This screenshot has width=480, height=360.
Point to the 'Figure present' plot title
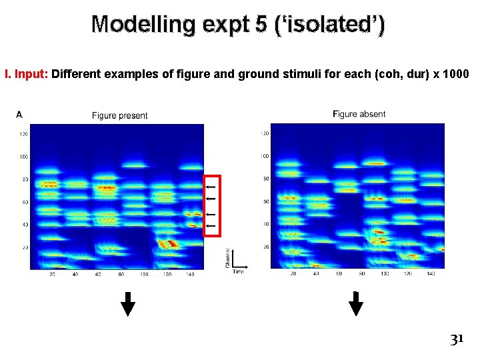(x=119, y=115)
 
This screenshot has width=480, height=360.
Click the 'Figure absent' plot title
(x=359, y=114)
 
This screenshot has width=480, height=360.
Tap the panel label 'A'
(x=19, y=115)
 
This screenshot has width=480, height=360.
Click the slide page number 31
(x=456, y=339)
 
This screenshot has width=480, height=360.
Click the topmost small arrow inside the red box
(x=211, y=187)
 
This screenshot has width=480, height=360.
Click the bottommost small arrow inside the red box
(x=211, y=227)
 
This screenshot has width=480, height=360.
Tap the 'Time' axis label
(x=238, y=272)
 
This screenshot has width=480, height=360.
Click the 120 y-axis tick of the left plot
(x=24, y=134)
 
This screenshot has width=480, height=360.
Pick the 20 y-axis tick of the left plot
(x=25, y=247)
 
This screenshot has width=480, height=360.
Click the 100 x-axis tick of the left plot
(x=143, y=274)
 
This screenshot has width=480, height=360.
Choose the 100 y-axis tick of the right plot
(x=265, y=156)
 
